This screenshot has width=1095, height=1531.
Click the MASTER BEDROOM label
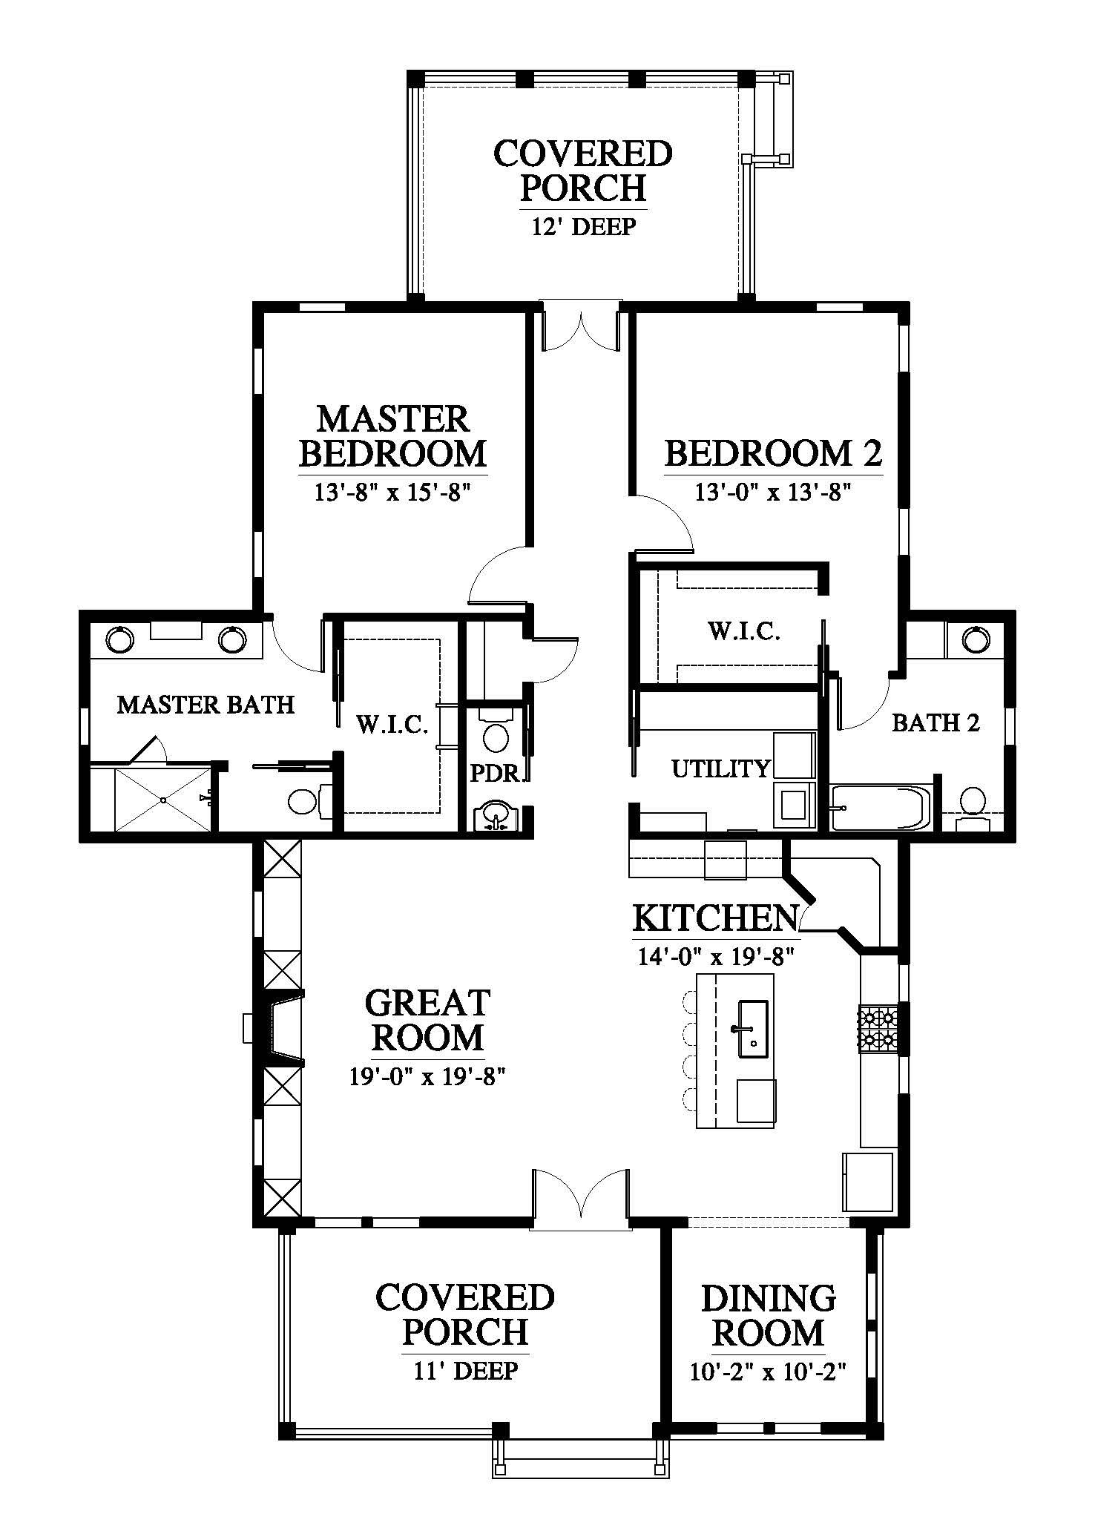point(393,436)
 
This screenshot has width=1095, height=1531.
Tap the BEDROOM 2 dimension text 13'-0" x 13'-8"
point(772,492)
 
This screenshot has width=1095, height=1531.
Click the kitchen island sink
point(754,1028)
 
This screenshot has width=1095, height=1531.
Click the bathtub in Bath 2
point(879,807)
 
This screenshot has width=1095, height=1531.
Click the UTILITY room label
point(721,768)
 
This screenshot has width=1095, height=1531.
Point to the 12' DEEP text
point(583,226)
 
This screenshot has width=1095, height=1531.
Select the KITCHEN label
point(715,918)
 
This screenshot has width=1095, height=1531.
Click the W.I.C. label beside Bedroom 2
point(744,631)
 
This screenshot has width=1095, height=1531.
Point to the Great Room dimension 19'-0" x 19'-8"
point(427,1076)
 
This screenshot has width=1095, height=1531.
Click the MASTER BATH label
point(206,704)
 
